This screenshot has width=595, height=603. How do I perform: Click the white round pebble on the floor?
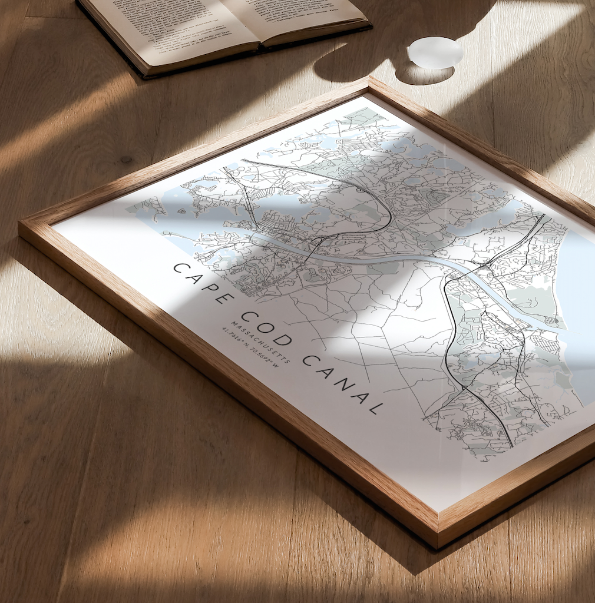tap(435, 52)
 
